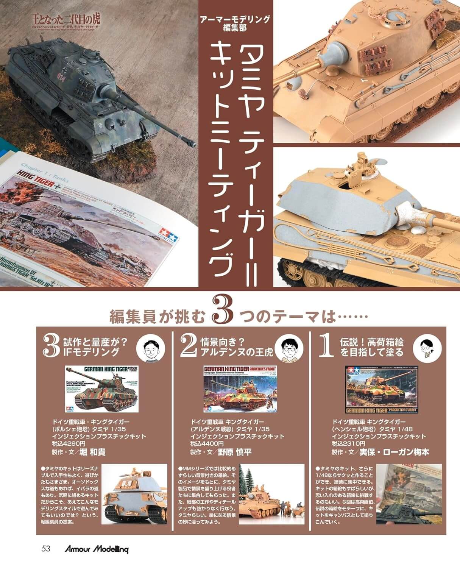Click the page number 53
tap(46, 548)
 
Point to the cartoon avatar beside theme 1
tap(429, 346)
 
